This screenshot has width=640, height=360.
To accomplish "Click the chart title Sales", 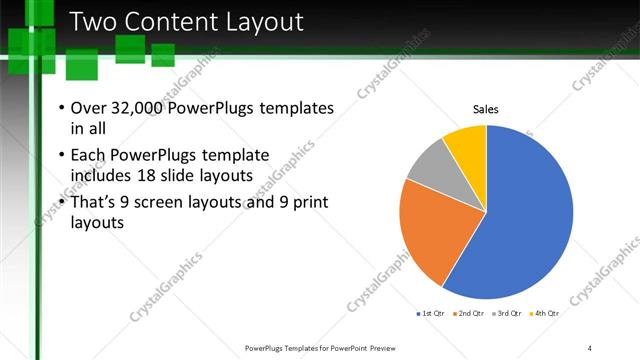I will (486, 110).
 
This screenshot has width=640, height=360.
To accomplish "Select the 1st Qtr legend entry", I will (432, 314).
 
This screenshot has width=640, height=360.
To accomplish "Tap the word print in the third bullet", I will (302, 203).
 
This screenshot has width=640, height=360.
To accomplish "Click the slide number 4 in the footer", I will (590, 348).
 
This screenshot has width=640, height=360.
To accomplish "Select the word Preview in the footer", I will (391, 348).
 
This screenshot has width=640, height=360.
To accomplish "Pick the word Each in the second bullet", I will (90, 155).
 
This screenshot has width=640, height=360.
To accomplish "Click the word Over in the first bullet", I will (91, 108).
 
